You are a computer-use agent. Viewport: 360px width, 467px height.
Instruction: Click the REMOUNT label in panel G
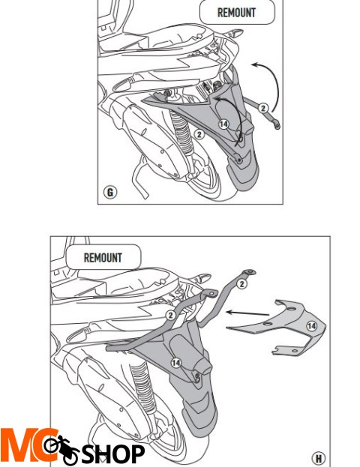(236, 13)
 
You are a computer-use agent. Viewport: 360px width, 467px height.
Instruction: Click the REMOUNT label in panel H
(103, 258)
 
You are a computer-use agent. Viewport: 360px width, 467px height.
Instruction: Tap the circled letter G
(110, 192)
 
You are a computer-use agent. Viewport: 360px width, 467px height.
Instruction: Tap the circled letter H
(318, 458)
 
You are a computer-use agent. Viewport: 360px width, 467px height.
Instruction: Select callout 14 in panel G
(223, 124)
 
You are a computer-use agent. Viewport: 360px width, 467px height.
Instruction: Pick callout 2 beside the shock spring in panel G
(199, 134)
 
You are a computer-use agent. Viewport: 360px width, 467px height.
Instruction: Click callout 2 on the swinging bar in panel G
(262, 108)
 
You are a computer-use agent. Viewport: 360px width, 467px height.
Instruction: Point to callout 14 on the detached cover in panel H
(312, 326)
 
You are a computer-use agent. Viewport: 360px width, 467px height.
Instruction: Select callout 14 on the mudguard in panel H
(175, 363)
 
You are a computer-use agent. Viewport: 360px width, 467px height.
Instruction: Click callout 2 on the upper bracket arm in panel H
(242, 284)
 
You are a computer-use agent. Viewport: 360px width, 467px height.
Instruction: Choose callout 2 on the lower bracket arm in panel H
(170, 316)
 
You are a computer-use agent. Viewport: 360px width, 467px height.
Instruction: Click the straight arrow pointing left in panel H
(247, 313)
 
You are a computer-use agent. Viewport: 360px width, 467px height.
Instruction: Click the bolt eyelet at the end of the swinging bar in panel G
(277, 126)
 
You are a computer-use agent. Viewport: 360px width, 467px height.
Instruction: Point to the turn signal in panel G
(235, 32)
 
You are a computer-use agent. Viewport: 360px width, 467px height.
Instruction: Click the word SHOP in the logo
(113, 454)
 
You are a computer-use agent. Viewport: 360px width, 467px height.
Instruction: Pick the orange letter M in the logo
(19, 445)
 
